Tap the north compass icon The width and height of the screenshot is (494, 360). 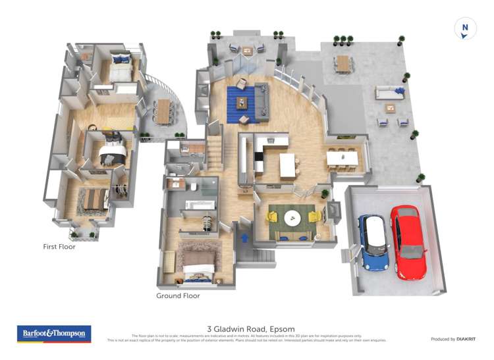coord(465,29)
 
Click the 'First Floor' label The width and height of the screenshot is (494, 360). coord(59,247)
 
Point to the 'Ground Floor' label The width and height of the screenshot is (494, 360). coord(178,296)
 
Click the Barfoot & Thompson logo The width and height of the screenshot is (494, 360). coord(53,334)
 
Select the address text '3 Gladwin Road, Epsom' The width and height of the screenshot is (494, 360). coord(250,329)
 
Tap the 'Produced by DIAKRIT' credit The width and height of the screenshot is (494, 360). coord(453,339)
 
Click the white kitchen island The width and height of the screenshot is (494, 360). coord(288,165)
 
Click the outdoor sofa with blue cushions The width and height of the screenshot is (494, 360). coord(389,93)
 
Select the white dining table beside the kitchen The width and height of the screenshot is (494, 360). coord(343,159)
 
